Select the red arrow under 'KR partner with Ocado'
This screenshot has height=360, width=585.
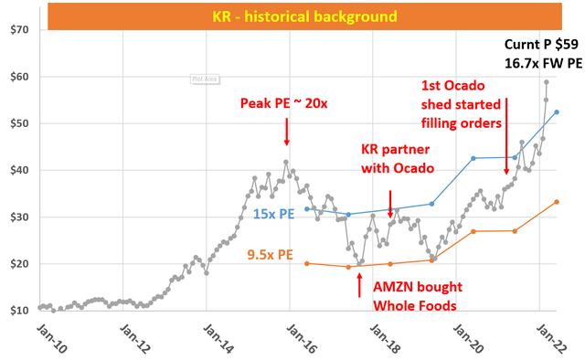point(390,202)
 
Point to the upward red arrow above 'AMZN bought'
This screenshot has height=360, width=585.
point(357,283)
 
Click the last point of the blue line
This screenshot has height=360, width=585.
point(557,112)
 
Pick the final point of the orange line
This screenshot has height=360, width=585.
point(557,202)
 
